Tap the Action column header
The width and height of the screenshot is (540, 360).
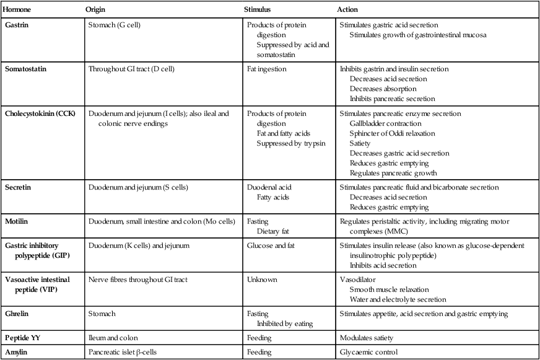347,10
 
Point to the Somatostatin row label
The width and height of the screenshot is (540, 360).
26,69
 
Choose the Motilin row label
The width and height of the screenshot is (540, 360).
18,221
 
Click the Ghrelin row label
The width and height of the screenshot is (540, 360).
19,314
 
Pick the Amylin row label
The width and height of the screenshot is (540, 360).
17,352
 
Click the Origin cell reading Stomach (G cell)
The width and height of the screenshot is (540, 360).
116,25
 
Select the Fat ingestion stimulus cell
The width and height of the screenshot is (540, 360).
267,69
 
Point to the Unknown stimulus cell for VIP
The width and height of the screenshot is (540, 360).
261,280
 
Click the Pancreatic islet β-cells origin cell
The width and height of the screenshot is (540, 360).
128,352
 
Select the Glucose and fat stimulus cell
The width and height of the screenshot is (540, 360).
271,245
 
